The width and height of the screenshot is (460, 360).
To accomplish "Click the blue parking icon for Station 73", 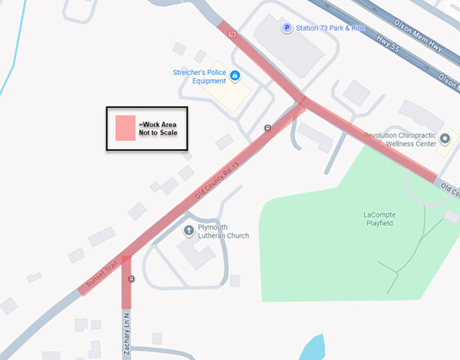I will [x=287, y=28].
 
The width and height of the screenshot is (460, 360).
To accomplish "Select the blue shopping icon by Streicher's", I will [x=235, y=75].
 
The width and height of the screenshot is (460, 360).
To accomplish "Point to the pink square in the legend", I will [x=125, y=128].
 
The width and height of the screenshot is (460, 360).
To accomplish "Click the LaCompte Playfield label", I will [x=384, y=220].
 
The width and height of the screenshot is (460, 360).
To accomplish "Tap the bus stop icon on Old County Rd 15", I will [x=267, y=128].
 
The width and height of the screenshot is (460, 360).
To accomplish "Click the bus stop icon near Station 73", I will [x=232, y=34].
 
